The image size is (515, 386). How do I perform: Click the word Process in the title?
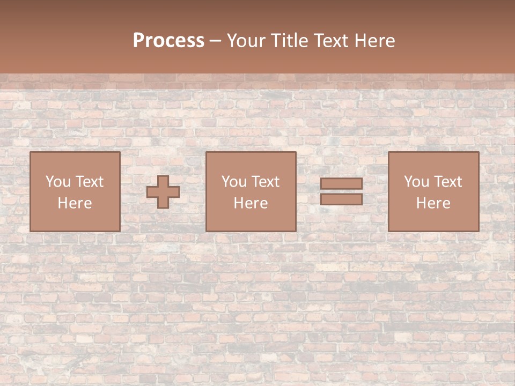168,41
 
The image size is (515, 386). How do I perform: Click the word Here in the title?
378,41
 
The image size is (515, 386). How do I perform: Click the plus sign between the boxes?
163,191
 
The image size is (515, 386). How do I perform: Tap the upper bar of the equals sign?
341,184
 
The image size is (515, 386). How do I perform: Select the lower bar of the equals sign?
341,199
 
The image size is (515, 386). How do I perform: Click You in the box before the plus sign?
58,182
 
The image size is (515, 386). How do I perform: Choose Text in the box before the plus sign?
89,182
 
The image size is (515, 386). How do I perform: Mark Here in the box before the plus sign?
75,203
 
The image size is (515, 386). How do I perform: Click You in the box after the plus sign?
234,182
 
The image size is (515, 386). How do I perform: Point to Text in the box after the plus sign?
265,182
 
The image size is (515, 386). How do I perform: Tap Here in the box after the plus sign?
251,203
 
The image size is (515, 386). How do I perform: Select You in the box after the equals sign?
416,182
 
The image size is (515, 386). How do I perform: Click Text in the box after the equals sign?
447,182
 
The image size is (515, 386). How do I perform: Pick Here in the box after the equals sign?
433,203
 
